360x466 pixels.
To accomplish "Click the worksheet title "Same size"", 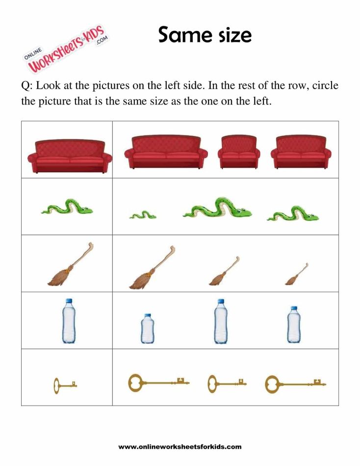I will coord(205,35).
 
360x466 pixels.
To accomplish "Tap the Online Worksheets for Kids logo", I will coord(67,51).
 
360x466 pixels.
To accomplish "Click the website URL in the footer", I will coord(180,447).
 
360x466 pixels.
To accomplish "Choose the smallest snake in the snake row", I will coord(143,215).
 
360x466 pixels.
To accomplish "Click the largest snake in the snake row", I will coord(217,208).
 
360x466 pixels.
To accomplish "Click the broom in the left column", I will coord(70,265).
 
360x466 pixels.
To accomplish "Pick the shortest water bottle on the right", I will coord(147,329).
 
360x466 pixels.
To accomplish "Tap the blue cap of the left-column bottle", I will coord(69,301).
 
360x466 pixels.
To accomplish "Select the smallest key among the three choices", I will coord(226,383).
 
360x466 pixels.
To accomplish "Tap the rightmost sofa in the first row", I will coord(301,152).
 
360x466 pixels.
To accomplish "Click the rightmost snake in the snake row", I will coord(293,213).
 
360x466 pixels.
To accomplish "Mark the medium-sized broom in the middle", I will coord(224,271).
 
